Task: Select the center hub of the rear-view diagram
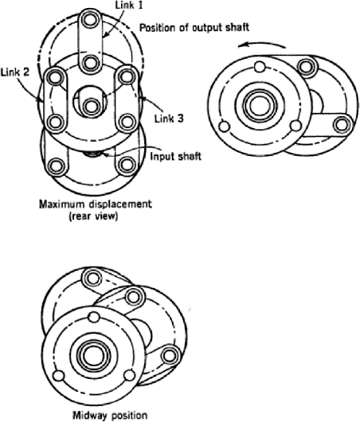[x=90, y=104]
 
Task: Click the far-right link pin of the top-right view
[x=344, y=124]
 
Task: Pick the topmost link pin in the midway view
[x=93, y=278]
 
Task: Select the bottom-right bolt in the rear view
[x=125, y=166]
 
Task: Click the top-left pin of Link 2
[x=55, y=78]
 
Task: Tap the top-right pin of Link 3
[x=125, y=78]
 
